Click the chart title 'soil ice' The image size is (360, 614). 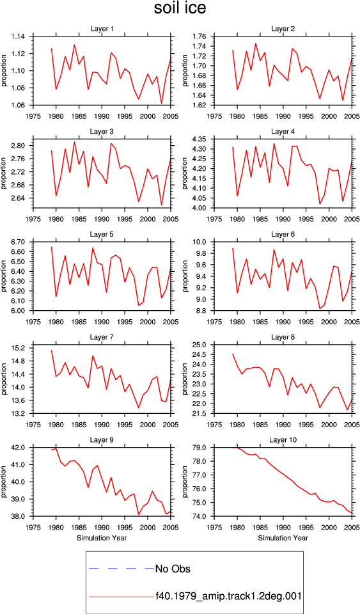tap(180, 8)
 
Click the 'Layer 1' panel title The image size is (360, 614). tap(102, 29)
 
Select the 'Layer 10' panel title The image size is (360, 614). tap(283, 440)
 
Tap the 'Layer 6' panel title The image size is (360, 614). tap(283, 234)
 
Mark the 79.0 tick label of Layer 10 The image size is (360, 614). tap(200, 448)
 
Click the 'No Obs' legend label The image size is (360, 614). tap(173, 569)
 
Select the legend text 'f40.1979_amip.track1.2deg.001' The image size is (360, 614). tap(228, 596)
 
